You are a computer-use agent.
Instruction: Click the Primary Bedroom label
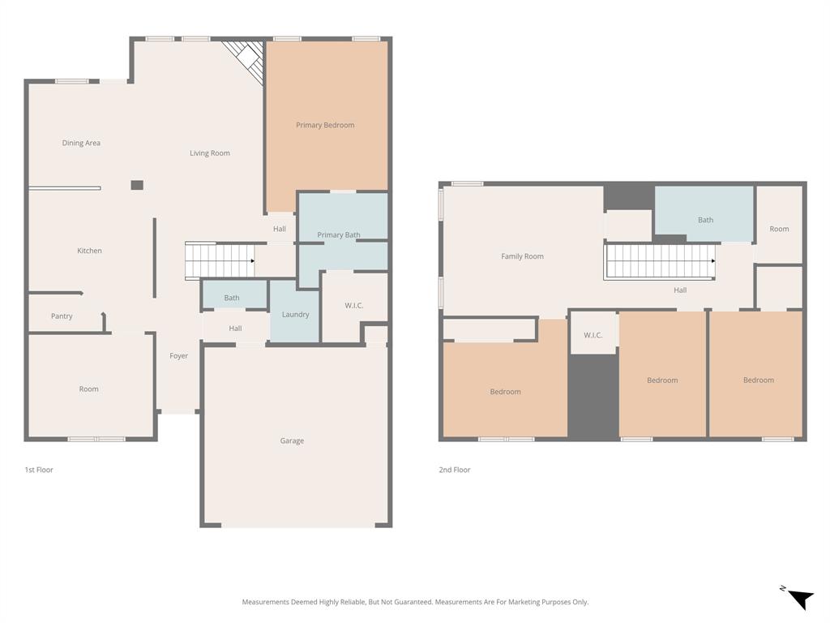pyautogui.click(x=325, y=125)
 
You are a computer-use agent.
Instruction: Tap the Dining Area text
pyautogui.click(x=81, y=143)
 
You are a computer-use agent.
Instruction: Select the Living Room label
pyautogui.click(x=210, y=153)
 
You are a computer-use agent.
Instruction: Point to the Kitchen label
pyautogui.click(x=89, y=251)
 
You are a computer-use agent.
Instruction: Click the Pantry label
pyautogui.click(x=62, y=316)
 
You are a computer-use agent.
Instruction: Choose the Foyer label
pyautogui.click(x=178, y=356)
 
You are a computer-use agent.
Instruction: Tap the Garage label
pyautogui.click(x=292, y=440)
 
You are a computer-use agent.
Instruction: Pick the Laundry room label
pyautogui.click(x=295, y=314)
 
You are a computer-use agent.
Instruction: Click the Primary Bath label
pyautogui.click(x=339, y=235)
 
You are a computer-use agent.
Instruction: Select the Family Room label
pyautogui.click(x=522, y=256)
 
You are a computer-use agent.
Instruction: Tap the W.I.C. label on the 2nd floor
pyautogui.click(x=593, y=335)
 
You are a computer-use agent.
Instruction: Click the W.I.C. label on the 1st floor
pyautogui.click(x=354, y=306)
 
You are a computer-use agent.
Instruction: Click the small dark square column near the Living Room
pyautogui.click(x=137, y=185)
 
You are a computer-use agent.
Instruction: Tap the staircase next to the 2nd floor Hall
pyautogui.click(x=661, y=261)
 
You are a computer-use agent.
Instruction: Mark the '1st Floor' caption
pyautogui.click(x=39, y=470)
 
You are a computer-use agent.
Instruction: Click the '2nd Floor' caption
pyautogui.click(x=455, y=470)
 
